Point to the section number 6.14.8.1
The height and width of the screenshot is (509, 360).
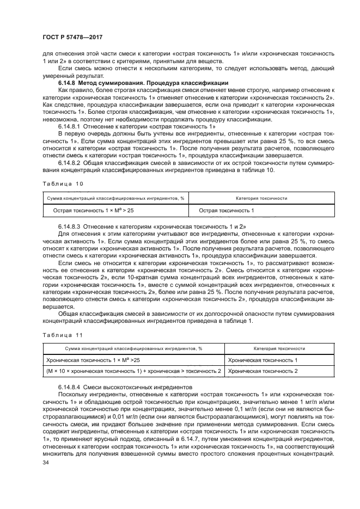tap(69, 126)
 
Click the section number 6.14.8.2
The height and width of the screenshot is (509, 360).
tap(69, 163)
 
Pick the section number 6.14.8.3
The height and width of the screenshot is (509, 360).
tap(69, 225)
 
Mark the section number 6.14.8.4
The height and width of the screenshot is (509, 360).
tap(69, 386)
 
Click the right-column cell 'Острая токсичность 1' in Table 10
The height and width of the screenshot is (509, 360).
tap(226, 210)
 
